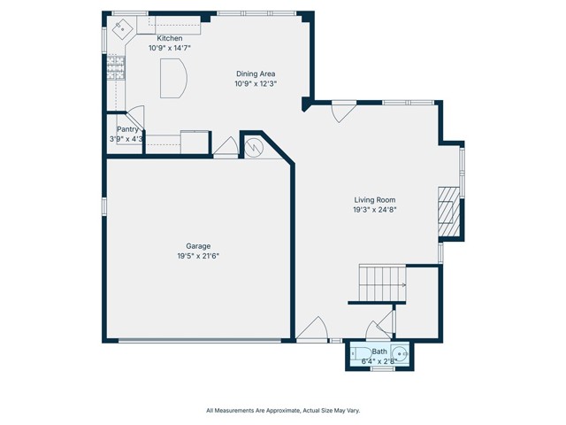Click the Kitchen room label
[x=169, y=38]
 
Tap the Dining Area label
[x=256, y=73]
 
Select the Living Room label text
[x=375, y=200]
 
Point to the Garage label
[x=198, y=246]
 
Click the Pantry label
[x=127, y=129]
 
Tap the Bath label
[x=379, y=352]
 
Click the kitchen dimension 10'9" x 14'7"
[x=169, y=48]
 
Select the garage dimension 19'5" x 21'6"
[x=198, y=256]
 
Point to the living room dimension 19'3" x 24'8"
[x=375, y=210]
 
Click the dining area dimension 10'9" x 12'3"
[x=256, y=84]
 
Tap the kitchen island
[x=173, y=79]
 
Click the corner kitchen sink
[x=122, y=27]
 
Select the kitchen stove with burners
[x=116, y=67]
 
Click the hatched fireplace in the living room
[x=448, y=211]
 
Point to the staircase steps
[x=382, y=283]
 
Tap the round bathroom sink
[x=399, y=352]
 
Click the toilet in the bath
[x=362, y=352]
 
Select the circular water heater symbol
[x=254, y=148]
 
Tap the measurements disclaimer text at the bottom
[x=283, y=411]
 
